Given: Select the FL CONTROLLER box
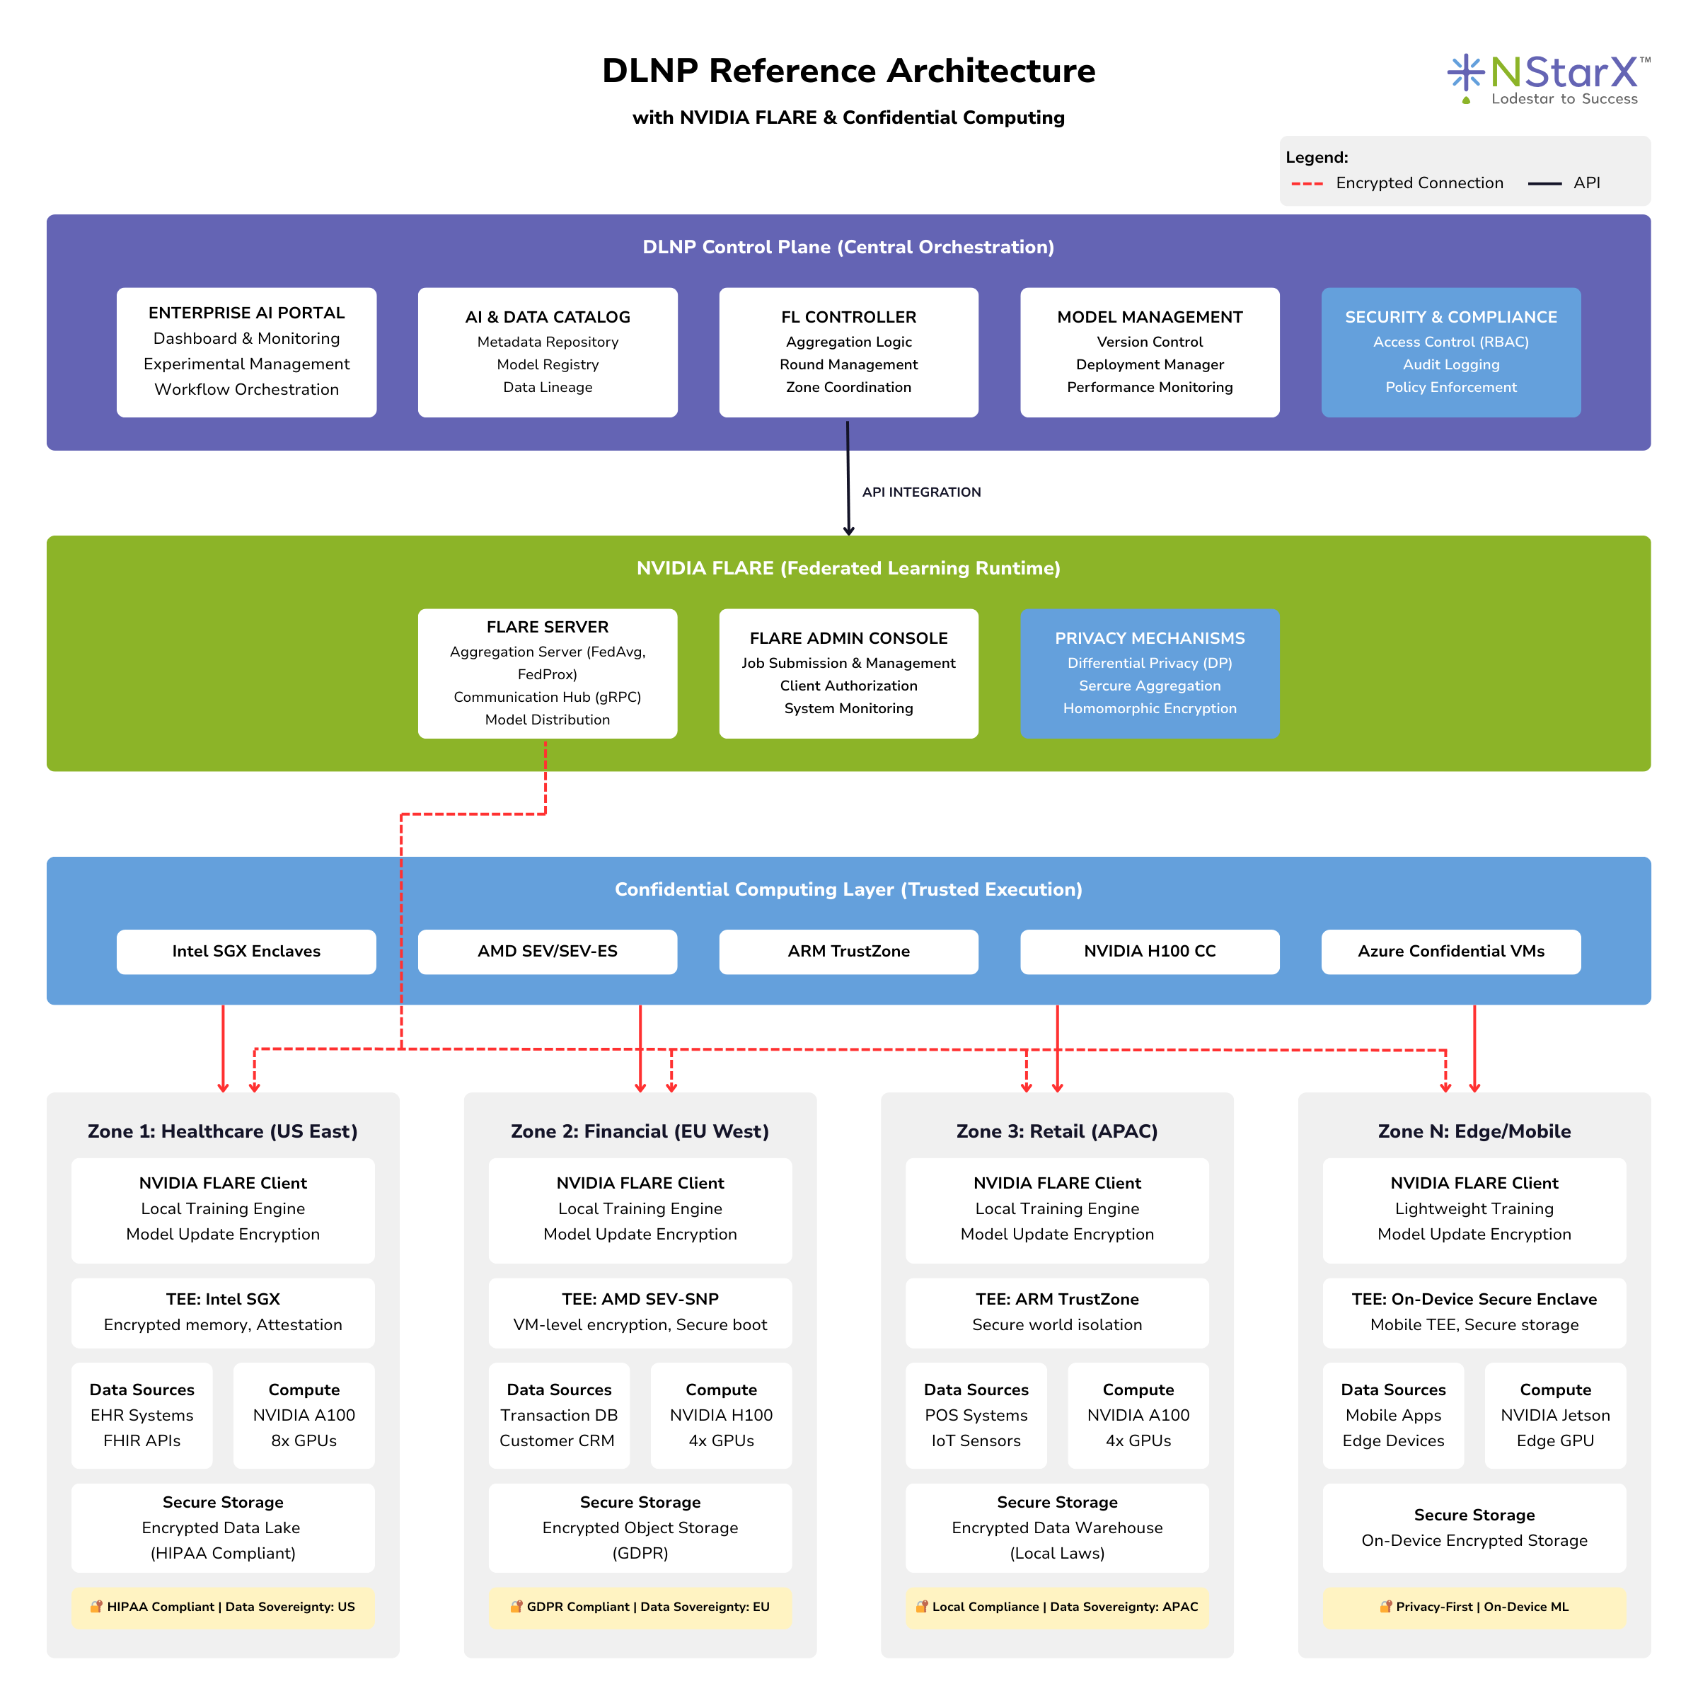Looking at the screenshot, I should (x=848, y=352).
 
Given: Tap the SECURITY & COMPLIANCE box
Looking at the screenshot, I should (x=1450, y=352).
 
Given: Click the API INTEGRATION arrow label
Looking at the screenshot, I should (x=921, y=492).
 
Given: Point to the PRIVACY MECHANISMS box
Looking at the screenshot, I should (x=1150, y=674).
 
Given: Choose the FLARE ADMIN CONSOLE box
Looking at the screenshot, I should (x=848, y=674).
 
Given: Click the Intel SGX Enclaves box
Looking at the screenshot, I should (x=246, y=951).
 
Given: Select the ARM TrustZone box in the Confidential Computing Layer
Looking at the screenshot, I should (x=848, y=951).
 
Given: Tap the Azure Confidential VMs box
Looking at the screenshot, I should (x=1450, y=951).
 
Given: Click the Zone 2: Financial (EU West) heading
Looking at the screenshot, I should (x=640, y=1131).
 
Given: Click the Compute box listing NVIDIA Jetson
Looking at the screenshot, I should (x=1555, y=1415).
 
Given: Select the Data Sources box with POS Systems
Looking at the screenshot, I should (x=976, y=1415).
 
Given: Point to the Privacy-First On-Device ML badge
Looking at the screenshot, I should (x=1474, y=1607).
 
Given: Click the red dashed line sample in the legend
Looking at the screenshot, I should (x=1307, y=184).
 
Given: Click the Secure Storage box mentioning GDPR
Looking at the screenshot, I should (x=640, y=1527).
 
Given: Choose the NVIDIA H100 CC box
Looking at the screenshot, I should (x=1150, y=951).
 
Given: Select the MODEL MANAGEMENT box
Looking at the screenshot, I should (x=1150, y=352).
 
